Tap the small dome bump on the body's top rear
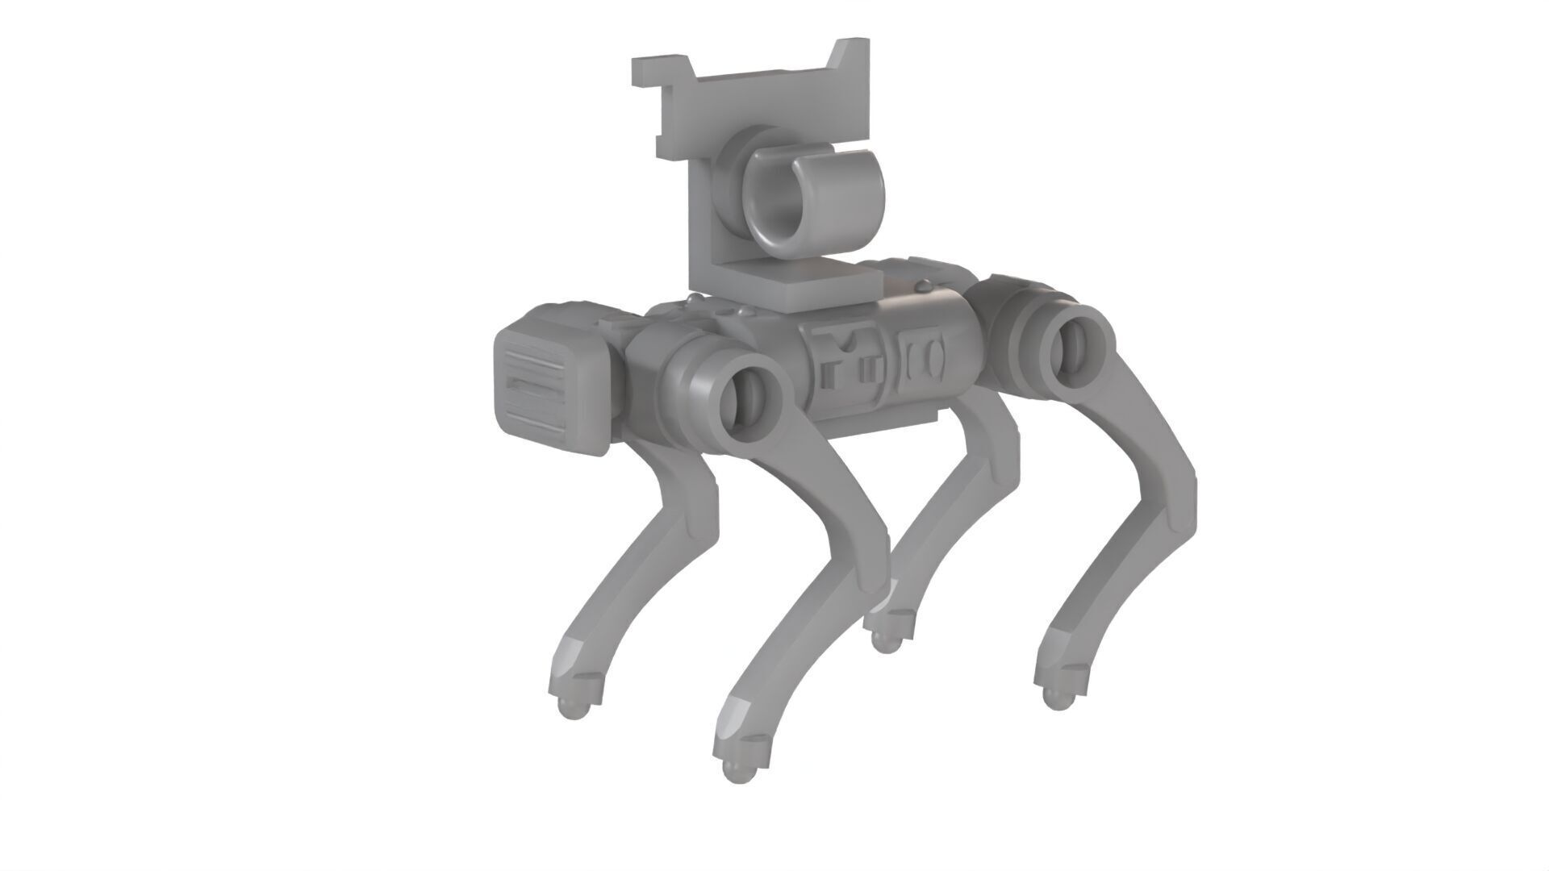tap(921, 286)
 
